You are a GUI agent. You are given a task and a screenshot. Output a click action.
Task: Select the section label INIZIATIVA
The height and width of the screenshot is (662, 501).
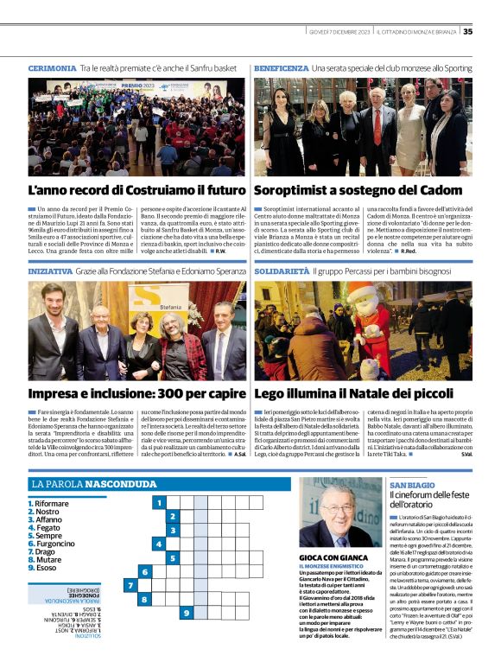tap(49, 247)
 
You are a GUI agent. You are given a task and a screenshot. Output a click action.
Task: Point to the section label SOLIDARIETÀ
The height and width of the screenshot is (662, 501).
tap(282, 247)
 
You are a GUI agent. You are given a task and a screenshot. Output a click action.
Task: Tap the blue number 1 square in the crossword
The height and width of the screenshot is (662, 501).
tap(159, 502)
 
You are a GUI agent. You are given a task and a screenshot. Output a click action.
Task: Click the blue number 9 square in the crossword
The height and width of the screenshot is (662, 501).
tap(187, 613)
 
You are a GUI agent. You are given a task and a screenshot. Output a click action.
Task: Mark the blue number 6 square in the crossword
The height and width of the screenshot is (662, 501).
tap(144, 572)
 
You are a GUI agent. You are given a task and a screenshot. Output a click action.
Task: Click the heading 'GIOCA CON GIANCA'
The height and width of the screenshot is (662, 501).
tap(330, 559)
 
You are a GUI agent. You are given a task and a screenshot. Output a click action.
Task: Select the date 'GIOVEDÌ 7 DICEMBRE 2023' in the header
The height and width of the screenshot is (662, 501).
tap(339, 32)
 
